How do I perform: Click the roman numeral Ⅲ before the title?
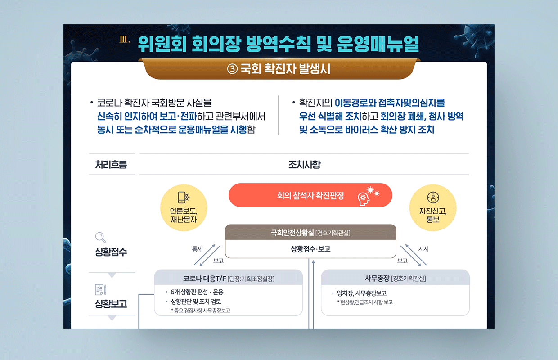coord(125,39)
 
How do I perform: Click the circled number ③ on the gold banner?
coord(232,69)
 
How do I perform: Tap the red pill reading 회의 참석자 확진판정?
coord(310,195)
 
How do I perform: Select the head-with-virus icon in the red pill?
coord(369,196)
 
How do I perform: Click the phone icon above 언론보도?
coord(184,198)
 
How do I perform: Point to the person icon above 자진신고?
coord(433,198)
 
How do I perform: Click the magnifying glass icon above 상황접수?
coord(101,238)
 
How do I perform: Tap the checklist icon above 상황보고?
coord(101,289)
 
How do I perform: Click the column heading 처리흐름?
coord(111,164)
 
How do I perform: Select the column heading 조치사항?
coord(304,164)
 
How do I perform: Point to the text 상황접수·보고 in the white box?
coord(310,249)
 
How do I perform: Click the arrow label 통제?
coord(197,249)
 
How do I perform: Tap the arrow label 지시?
coord(423,249)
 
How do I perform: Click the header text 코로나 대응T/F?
coord(204,279)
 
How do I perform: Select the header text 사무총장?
coord(377,278)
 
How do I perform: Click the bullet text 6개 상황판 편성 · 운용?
coord(197,292)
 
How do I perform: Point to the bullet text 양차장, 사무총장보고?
coord(362,293)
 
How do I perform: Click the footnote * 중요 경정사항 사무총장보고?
coord(201,310)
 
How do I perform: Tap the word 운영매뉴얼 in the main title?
coord(378,44)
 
